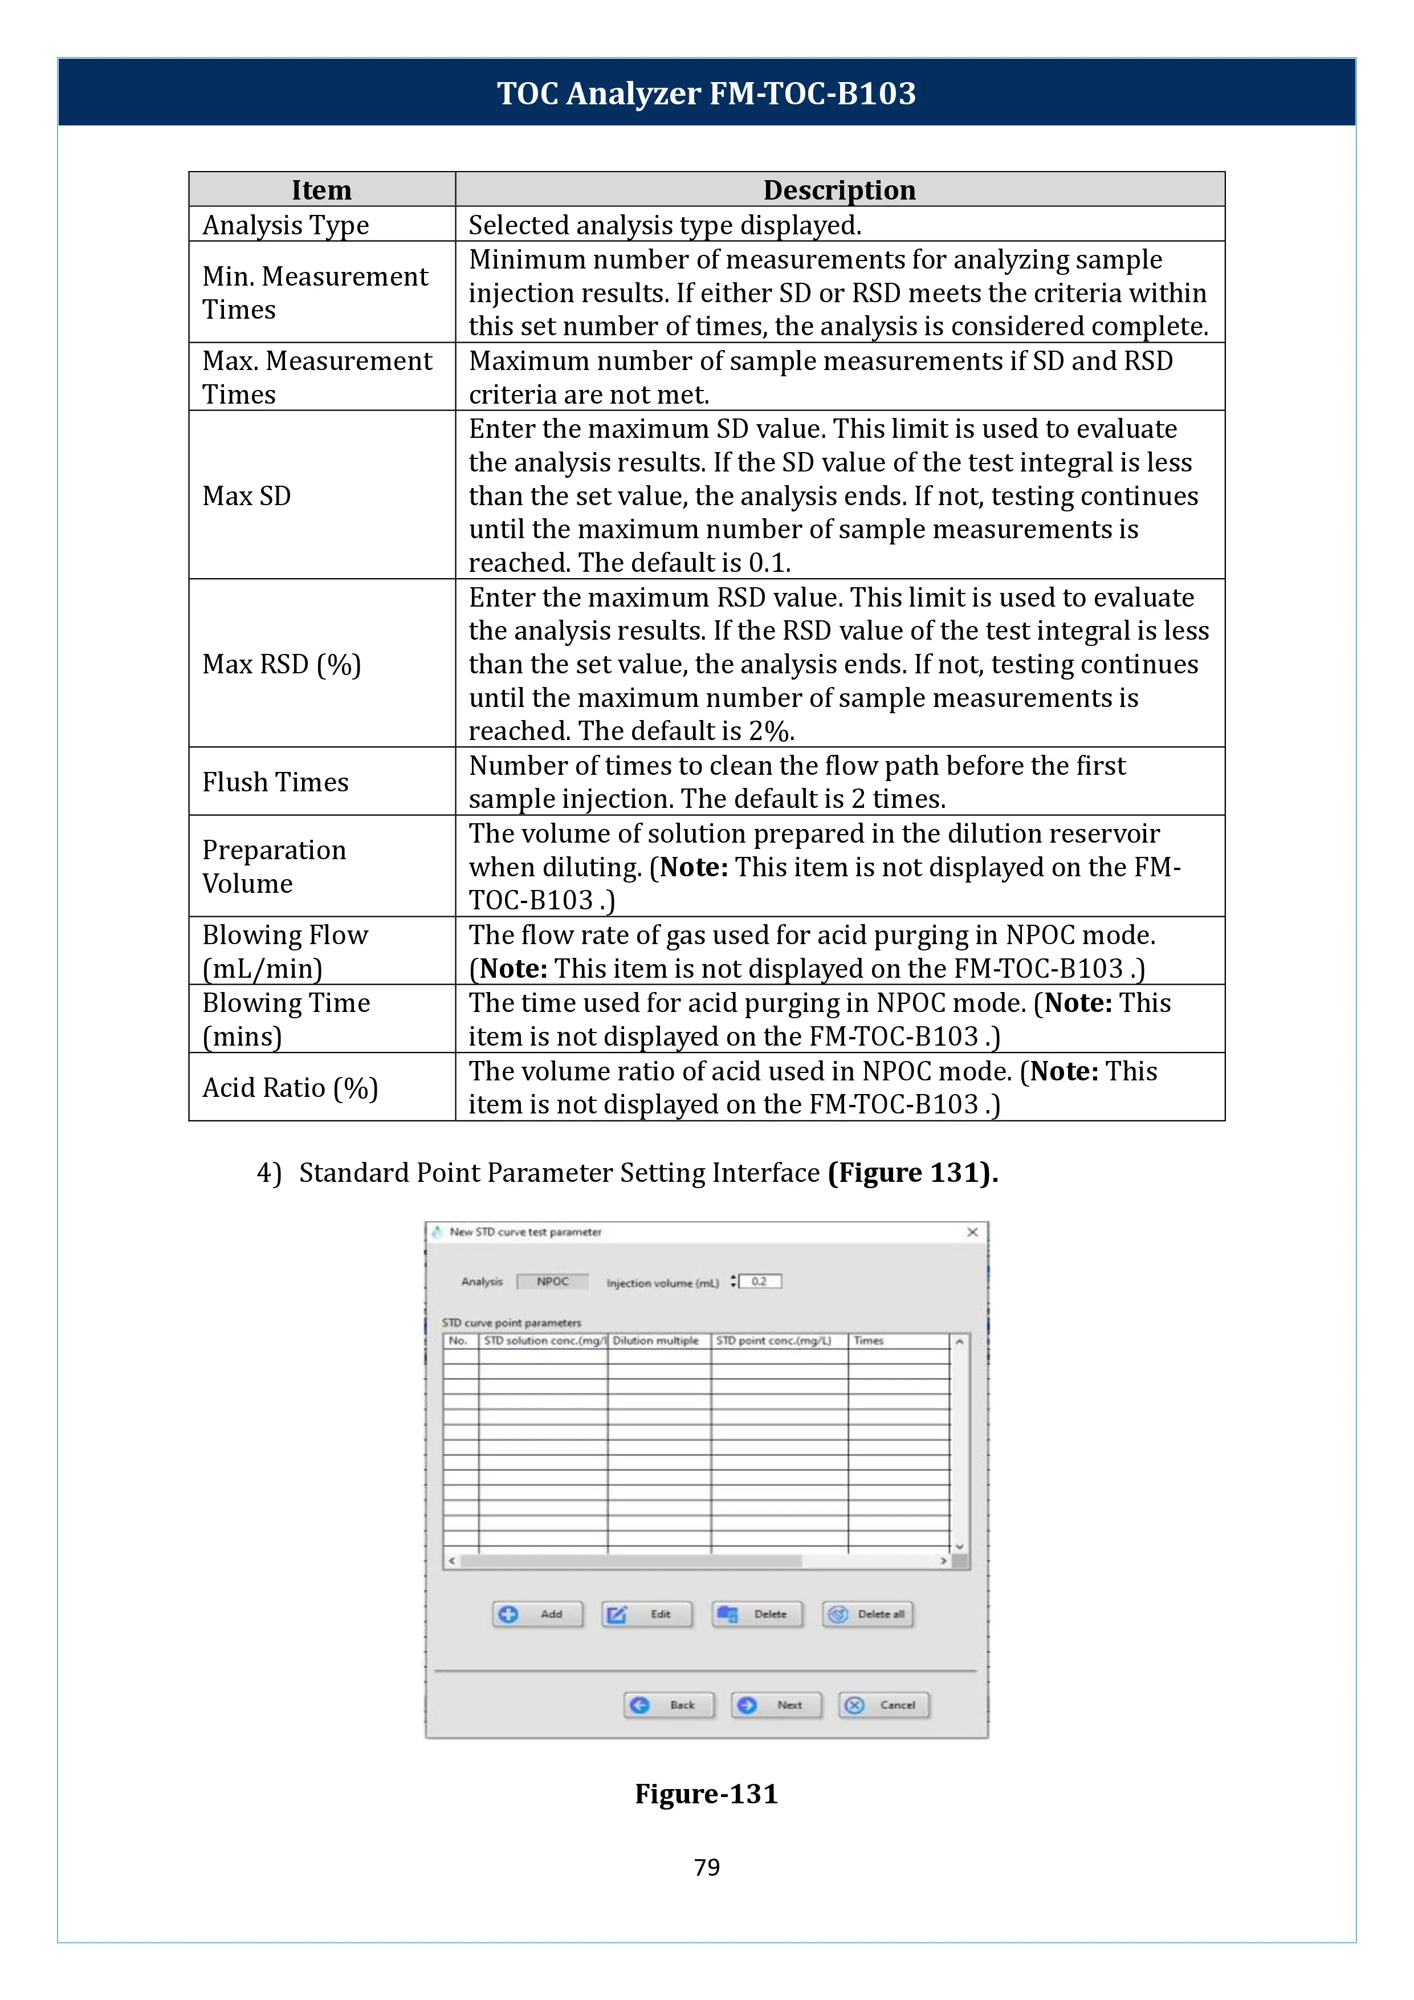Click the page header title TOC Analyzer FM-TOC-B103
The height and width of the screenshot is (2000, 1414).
tap(706, 93)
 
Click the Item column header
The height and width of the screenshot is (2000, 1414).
tap(321, 190)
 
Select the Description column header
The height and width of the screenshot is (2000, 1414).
tap(840, 190)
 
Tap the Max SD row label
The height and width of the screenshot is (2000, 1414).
tap(246, 495)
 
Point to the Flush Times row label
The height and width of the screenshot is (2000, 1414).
tap(275, 782)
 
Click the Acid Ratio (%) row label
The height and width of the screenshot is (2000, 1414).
tap(290, 1087)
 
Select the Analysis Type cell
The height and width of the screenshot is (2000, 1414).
tap(286, 225)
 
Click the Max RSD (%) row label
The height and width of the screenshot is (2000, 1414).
tap(281, 665)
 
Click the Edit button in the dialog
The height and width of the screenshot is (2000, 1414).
tap(647, 1614)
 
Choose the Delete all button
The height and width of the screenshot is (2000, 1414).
tap(867, 1614)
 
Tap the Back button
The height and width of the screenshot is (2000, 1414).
tap(669, 1705)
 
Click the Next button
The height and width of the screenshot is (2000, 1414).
tap(777, 1705)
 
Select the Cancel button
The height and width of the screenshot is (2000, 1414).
tap(884, 1705)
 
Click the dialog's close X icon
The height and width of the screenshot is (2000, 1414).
tap(972, 1231)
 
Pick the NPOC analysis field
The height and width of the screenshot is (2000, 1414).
tap(552, 1282)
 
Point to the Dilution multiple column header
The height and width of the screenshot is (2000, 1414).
tap(655, 1340)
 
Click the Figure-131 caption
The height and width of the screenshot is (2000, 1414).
tap(706, 1794)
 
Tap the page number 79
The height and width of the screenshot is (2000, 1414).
tap(706, 1867)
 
